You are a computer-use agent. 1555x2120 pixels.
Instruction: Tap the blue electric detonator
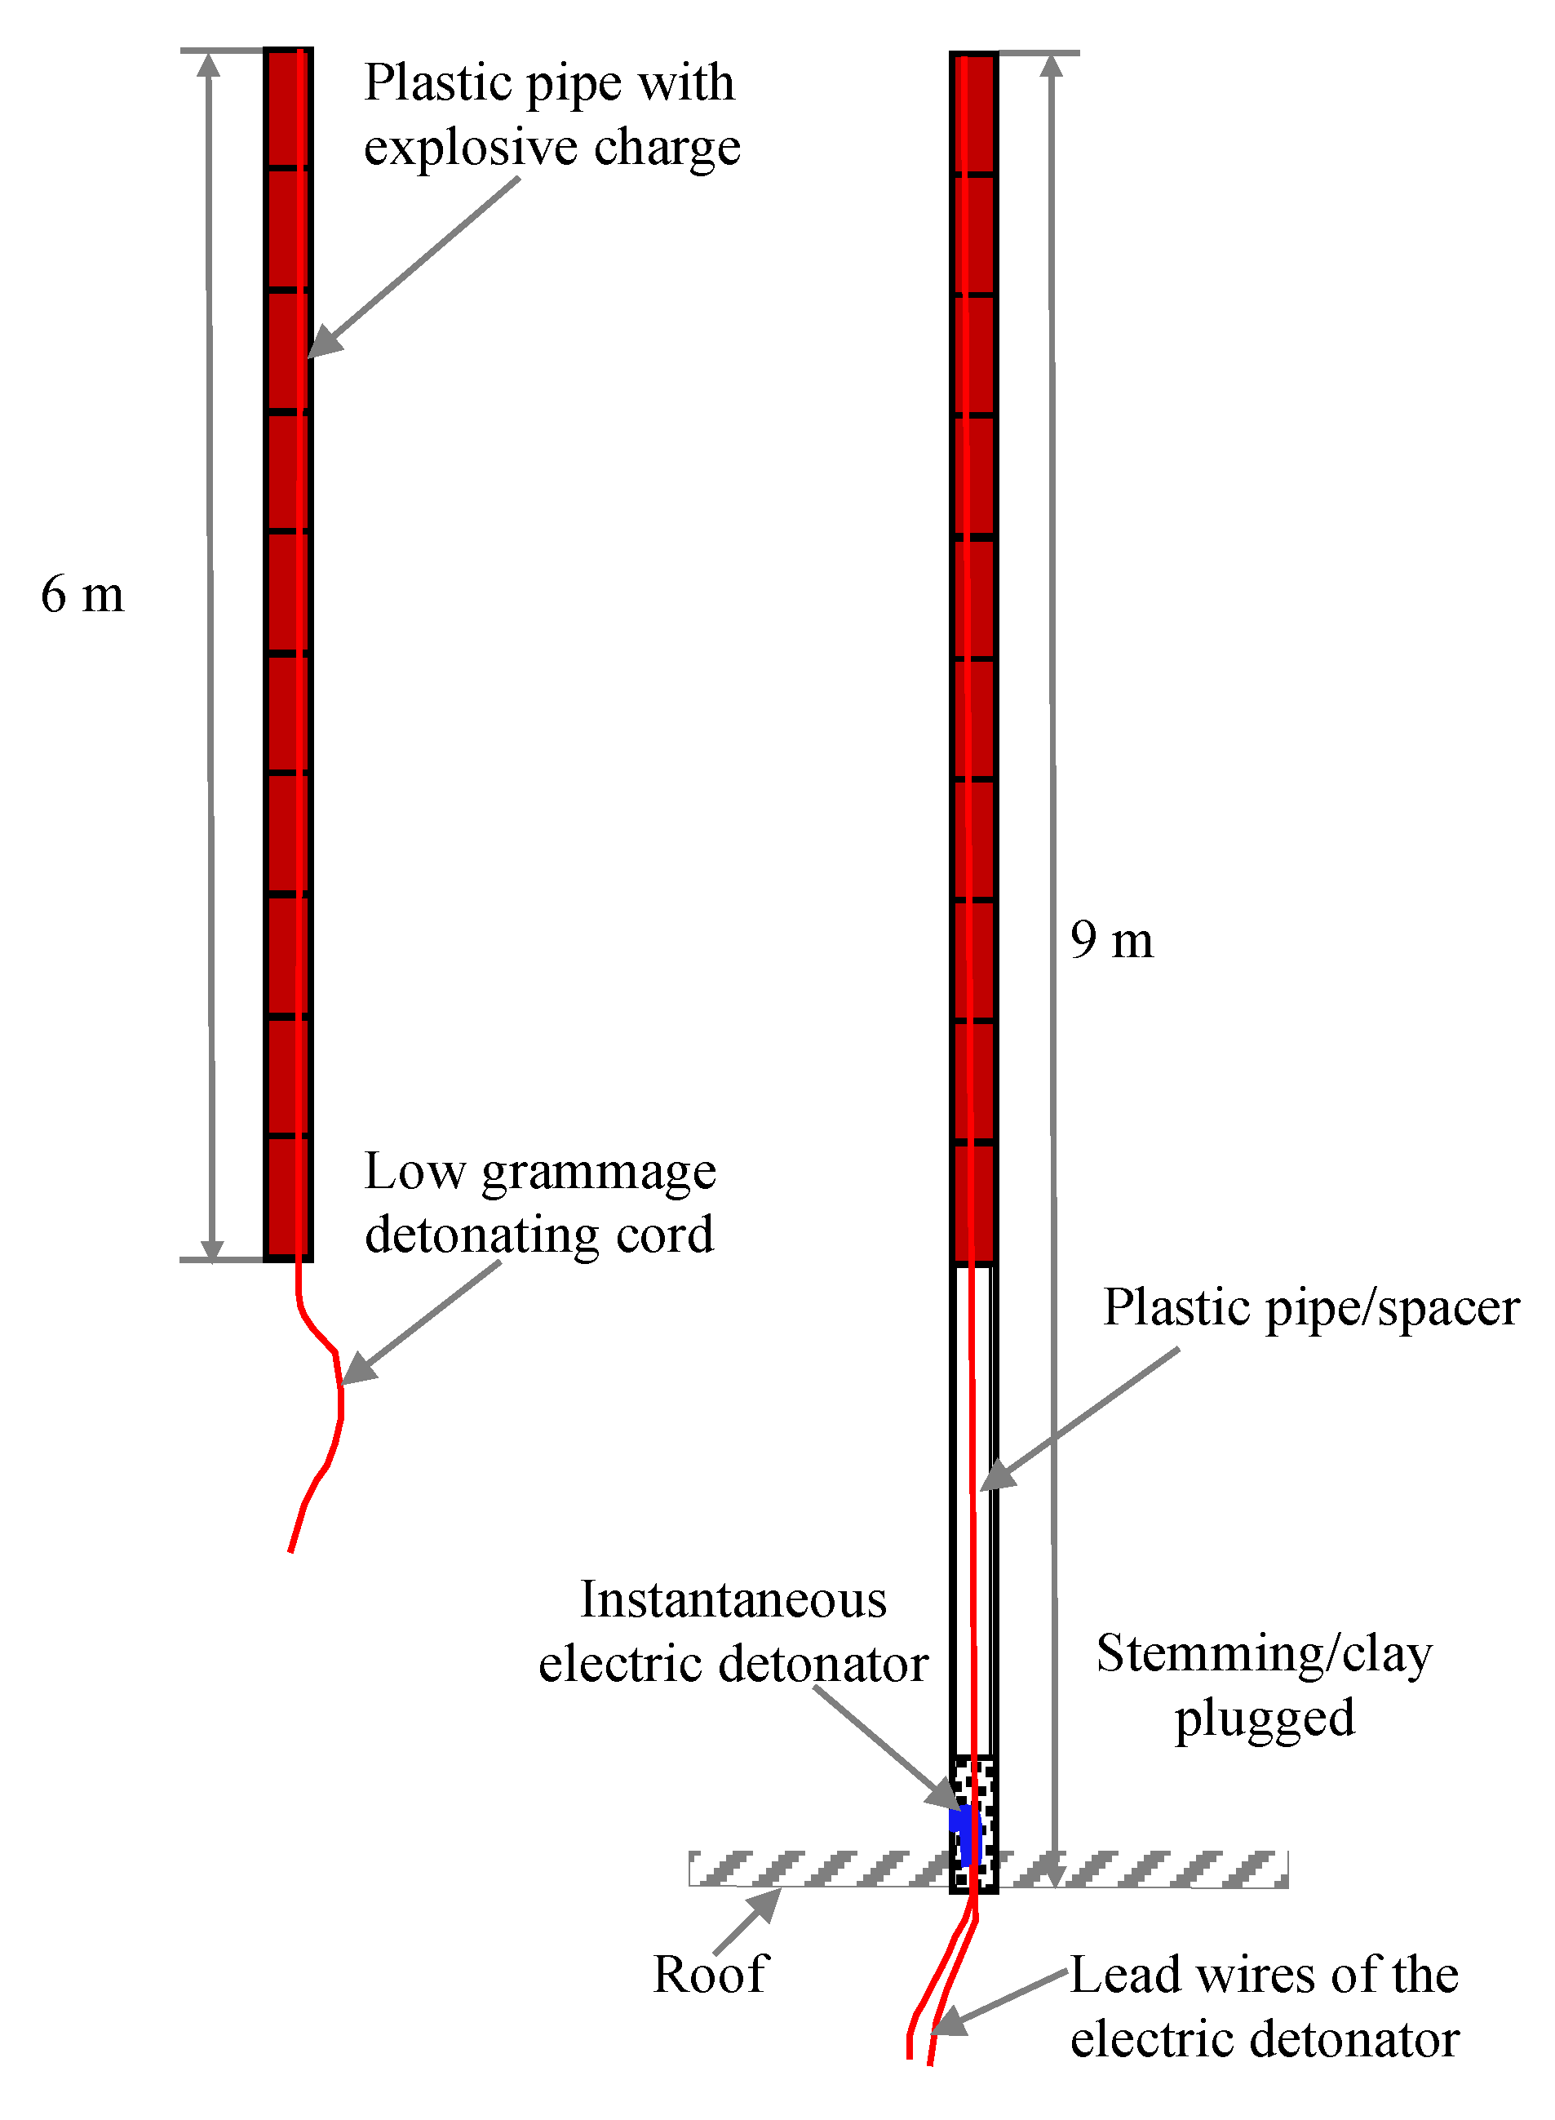[x=965, y=1834]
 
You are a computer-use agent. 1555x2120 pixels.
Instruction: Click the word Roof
[x=711, y=1974]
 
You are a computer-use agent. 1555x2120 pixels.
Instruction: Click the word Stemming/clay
[x=1264, y=1654]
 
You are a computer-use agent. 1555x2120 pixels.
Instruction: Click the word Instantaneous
[x=733, y=1599]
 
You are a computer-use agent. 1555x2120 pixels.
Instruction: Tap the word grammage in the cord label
[x=599, y=1173]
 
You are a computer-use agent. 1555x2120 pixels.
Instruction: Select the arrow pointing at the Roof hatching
[x=748, y=1920]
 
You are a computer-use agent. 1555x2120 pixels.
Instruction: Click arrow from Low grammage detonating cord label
[x=422, y=1322]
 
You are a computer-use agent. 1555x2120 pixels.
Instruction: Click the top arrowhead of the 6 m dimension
[x=209, y=64]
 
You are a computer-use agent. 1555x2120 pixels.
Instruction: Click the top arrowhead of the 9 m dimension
[x=1052, y=65]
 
